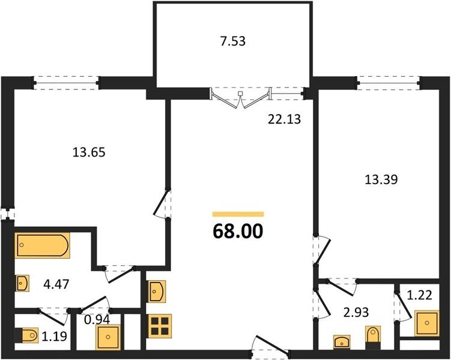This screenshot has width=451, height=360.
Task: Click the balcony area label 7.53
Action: click(232, 41)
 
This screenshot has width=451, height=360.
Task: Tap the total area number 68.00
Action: click(238, 231)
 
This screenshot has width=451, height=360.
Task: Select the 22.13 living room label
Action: click(284, 119)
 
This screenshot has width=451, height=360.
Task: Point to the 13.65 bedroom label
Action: click(89, 152)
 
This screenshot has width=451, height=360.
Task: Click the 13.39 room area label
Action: click(381, 179)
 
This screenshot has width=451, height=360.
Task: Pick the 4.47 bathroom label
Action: click(56, 284)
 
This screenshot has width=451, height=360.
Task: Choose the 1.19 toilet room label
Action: click(54, 335)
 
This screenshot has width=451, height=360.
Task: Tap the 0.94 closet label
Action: click(97, 319)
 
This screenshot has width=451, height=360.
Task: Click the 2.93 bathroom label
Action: click(356, 312)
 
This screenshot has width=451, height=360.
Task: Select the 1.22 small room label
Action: click(420, 295)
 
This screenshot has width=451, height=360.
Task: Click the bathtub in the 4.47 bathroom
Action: click(42, 245)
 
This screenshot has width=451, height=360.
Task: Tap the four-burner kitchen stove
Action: click(160, 326)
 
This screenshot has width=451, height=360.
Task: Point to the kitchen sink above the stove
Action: click(157, 292)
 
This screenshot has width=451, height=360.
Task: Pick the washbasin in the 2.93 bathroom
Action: click(342, 342)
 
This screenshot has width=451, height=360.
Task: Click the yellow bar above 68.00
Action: click(238, 214)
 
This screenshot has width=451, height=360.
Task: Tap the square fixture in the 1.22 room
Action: click(427, 323)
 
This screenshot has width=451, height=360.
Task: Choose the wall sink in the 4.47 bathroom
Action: click(22, 284)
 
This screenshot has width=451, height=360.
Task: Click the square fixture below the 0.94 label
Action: click(108, 337)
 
